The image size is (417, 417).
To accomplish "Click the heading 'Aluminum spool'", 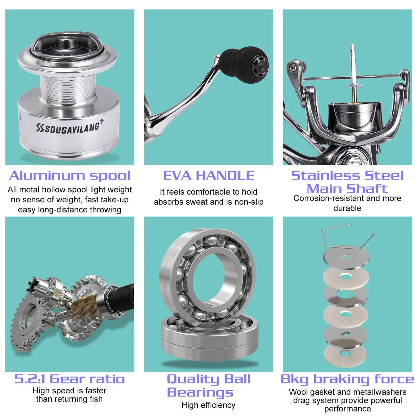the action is pyautogui.click(x=70, y=176).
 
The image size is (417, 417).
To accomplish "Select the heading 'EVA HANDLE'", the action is pyautogui.click(x=209, y=175).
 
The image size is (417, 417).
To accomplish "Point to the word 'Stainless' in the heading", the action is pyautogui.click(x=326, y=175).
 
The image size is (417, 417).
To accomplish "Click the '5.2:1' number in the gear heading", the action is pyautogui.click(x=30, y=379).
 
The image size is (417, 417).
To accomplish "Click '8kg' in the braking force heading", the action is pyautogui.click(x=295, y=379).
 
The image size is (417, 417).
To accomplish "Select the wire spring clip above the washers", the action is pyautogui.click(x=347, y=236).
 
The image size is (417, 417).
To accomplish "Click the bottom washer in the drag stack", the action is pyautogui.click(x=345, y=355).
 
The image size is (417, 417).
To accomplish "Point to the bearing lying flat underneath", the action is pyautogui.click(x=210, y=338).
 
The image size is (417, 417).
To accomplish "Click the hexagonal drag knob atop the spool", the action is pyautogui.click(x=67, y=44).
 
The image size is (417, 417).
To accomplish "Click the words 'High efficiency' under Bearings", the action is pyautogui.click(x=208, y=405).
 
